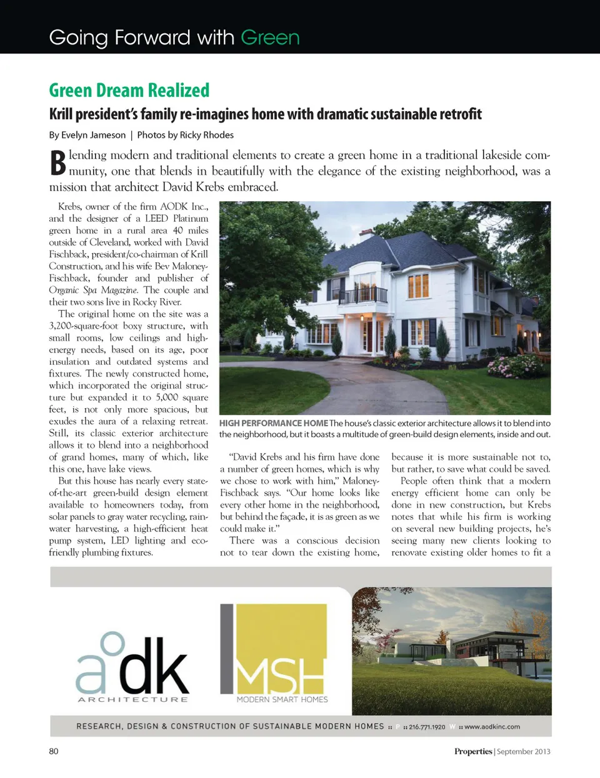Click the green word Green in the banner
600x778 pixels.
(x=270, y=38)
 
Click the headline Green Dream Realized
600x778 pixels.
(x=129, y=91)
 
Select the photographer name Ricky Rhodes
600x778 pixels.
(x=206, y=135)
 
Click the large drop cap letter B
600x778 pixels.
(x=57, y=163)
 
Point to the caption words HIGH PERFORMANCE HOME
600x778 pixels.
(x=273, y=423)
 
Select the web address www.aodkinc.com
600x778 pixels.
(x=492, y=727)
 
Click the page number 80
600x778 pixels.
(x=54, y=751)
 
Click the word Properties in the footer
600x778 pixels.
(x=473, y=752)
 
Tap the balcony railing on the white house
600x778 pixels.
(x=363, y=294)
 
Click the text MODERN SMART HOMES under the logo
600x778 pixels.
(x=282, y=700)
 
